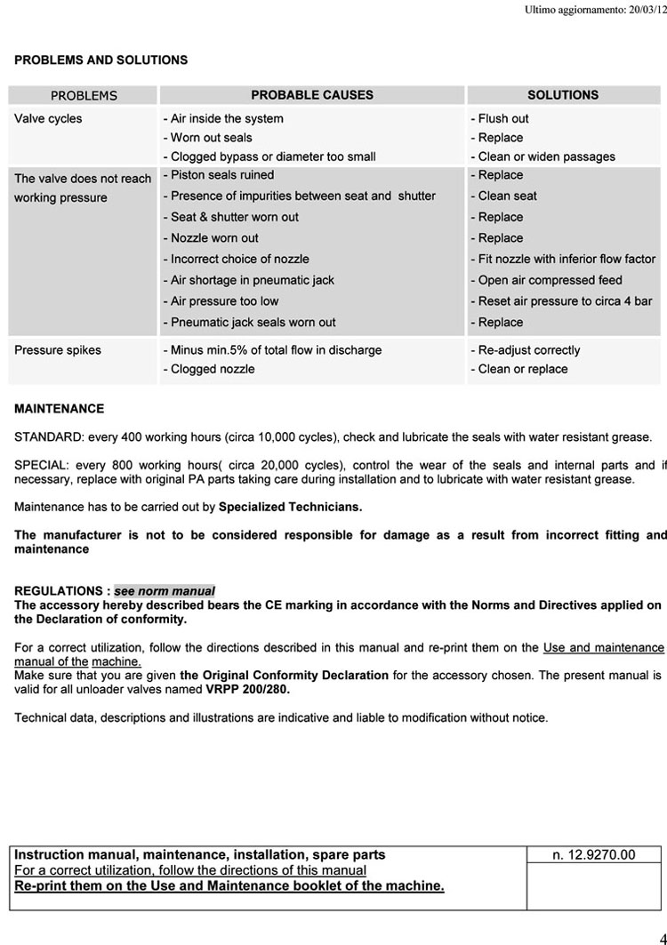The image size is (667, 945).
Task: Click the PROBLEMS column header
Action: click(x=84, y=96)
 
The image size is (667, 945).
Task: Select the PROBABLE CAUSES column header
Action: click(x=312, y=95)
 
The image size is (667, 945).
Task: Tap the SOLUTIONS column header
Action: click(x=563, y=95)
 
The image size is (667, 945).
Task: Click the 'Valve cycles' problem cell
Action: click(x=48, y=118)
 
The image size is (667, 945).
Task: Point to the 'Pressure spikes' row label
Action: click(x=58, y=350)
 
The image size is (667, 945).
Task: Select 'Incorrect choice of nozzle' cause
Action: click(x=237, y=259)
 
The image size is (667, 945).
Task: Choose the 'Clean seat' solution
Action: click(x=505, y=196)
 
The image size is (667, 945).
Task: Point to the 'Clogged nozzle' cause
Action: click(x=210, y=369)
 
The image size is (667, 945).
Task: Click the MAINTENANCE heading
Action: click(x=59, y=409)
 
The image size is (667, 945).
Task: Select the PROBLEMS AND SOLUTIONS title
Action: click(x=100, y=60)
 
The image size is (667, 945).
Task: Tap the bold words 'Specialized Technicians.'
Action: click(x=290, y=508)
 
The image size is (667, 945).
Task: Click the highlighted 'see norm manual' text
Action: click(x=165, y=591)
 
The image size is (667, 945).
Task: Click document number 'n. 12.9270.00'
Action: click(x=594, y=855)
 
